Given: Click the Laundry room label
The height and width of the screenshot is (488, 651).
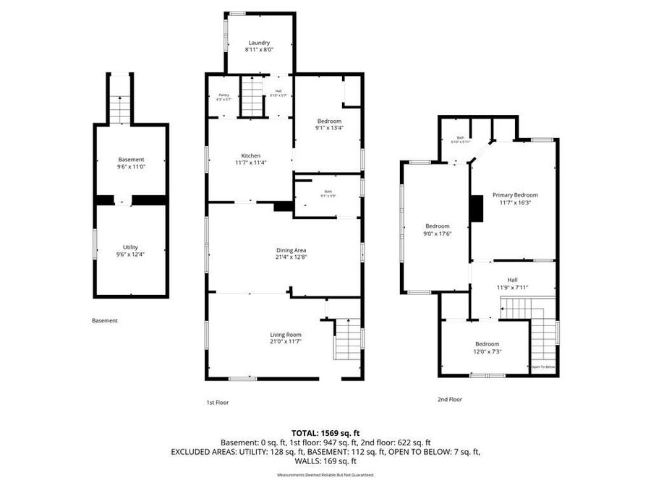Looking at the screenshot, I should pyautogui.click(x=258, y=46).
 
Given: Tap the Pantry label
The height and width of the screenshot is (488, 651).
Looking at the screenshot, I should pyautogui.click(x=223, y=97).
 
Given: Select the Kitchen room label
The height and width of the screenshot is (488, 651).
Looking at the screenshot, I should pyautogui.click(x=250, y=159).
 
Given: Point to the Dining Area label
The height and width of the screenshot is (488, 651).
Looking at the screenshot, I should pyautogui.click(x=284, y=252).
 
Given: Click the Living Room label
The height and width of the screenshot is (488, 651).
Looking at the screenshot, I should pyautogui.click(x=286, y=338).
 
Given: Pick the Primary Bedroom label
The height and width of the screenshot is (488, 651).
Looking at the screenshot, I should pyautogui.click(x=515, y=199).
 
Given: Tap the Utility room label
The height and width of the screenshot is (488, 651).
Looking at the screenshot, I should pyautogui.click(x=130, y=250).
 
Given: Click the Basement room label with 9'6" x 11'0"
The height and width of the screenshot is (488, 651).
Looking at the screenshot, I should pyautogui.click(x=131, y=163).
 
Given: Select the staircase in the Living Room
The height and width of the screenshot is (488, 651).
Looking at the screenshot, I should pyautogui.click(x=348, y=340).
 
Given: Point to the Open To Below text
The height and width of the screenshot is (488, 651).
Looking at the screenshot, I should pyautogui.click(x=542, y=367).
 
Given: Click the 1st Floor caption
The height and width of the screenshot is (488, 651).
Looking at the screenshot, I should pyautogui.click(x=218, y=402).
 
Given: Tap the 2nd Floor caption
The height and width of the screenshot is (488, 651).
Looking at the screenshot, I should pyautogui.click(x=449, y=399).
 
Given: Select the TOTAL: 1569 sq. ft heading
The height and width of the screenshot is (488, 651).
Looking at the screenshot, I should pyautogui.click(x=325, y=432).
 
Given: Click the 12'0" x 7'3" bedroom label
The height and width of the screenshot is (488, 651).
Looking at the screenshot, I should pyautogui.click(x=487, y=347).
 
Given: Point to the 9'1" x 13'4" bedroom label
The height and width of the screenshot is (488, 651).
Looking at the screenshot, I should pyautogui.click(x=328, y=124).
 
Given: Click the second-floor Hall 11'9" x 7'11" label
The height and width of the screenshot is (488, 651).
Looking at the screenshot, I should pyautogui.click(x=512, y=283).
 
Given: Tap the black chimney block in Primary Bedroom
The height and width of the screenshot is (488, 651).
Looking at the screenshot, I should pyautogui.click(x=477, y=208).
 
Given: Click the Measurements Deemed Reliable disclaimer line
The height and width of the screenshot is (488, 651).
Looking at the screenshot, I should pyautogui.click(x=325, y=475).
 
